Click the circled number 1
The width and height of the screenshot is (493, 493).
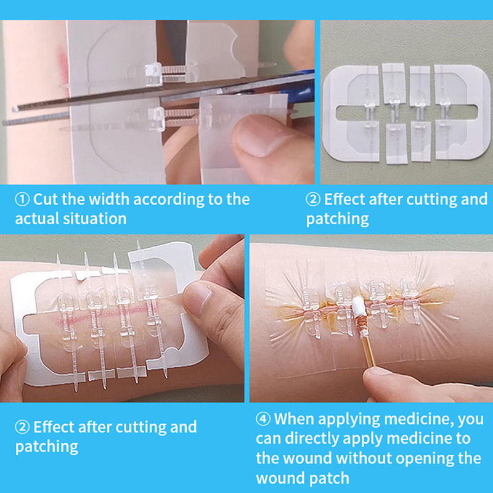point(22,199)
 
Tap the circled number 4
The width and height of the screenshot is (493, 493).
point(263,419)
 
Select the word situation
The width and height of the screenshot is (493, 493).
point(95,219)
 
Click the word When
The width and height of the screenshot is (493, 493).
point(295,419)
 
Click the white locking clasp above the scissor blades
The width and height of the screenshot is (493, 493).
point(153,73)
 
